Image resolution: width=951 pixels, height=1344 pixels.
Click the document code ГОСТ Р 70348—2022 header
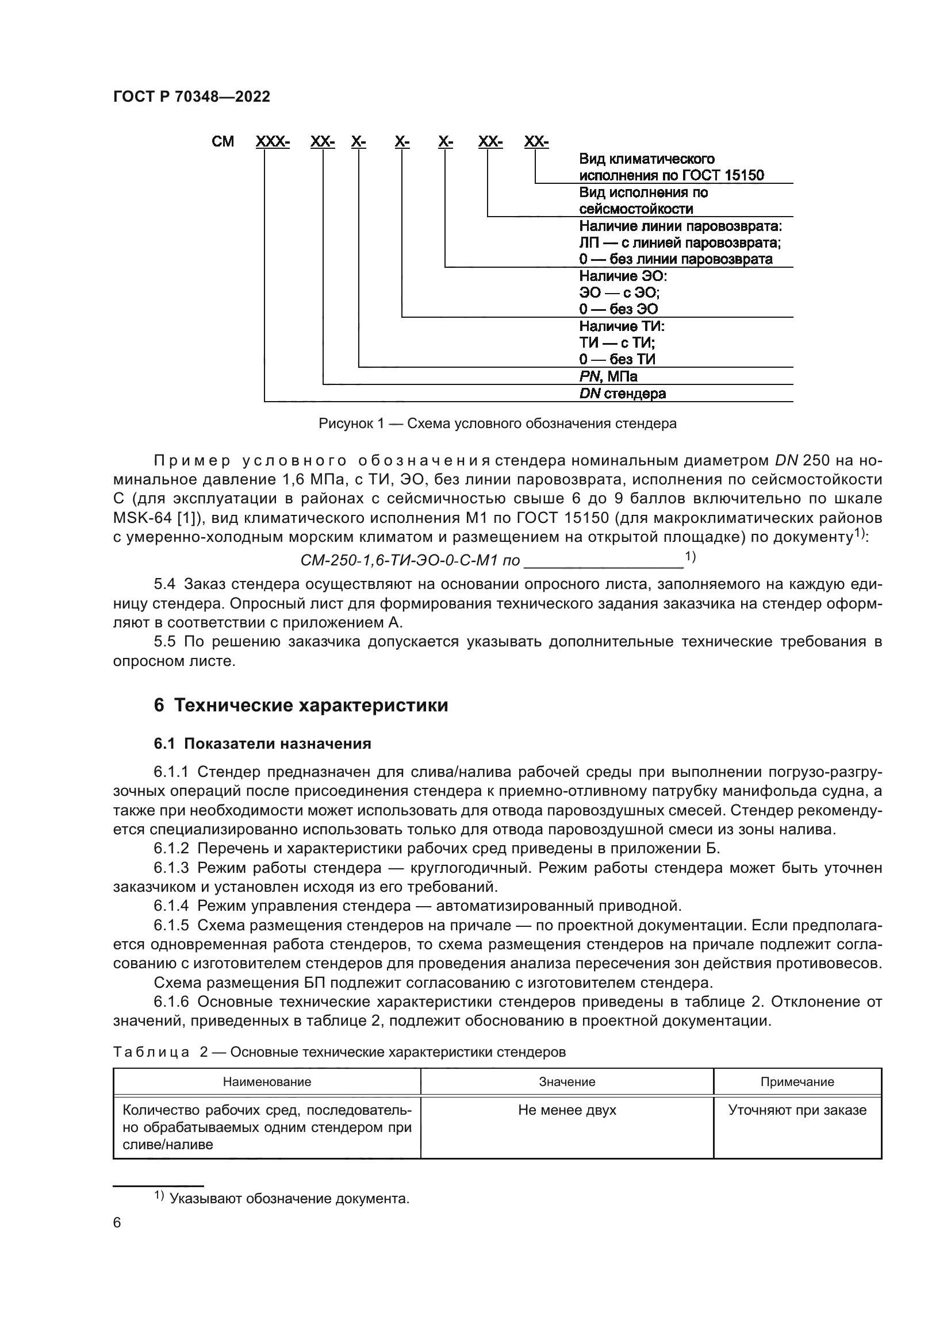click(x=191, y=97)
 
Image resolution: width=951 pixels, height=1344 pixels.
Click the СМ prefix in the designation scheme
click(x=223, y=142)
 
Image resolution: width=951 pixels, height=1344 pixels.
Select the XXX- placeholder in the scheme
click(x=273, y=142)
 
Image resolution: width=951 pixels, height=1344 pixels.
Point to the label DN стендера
click(x=622, y=394)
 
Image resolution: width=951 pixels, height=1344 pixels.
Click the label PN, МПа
click(x=608, y=376)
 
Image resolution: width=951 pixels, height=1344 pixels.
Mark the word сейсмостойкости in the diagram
click(x=636, y=209)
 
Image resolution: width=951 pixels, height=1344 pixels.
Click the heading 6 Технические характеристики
click(x=301, y=706)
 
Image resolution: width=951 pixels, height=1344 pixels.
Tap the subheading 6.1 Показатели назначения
click(x=262, y=744)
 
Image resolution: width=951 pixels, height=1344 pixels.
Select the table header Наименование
click(x=266, y=1082)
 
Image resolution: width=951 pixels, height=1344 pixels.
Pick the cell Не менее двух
click(x=567, y=1110)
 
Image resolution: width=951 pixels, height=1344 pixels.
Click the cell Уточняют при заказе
click(x=797, y=1110)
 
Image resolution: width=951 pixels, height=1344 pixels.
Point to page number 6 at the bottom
click(x=117, y=1223)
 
